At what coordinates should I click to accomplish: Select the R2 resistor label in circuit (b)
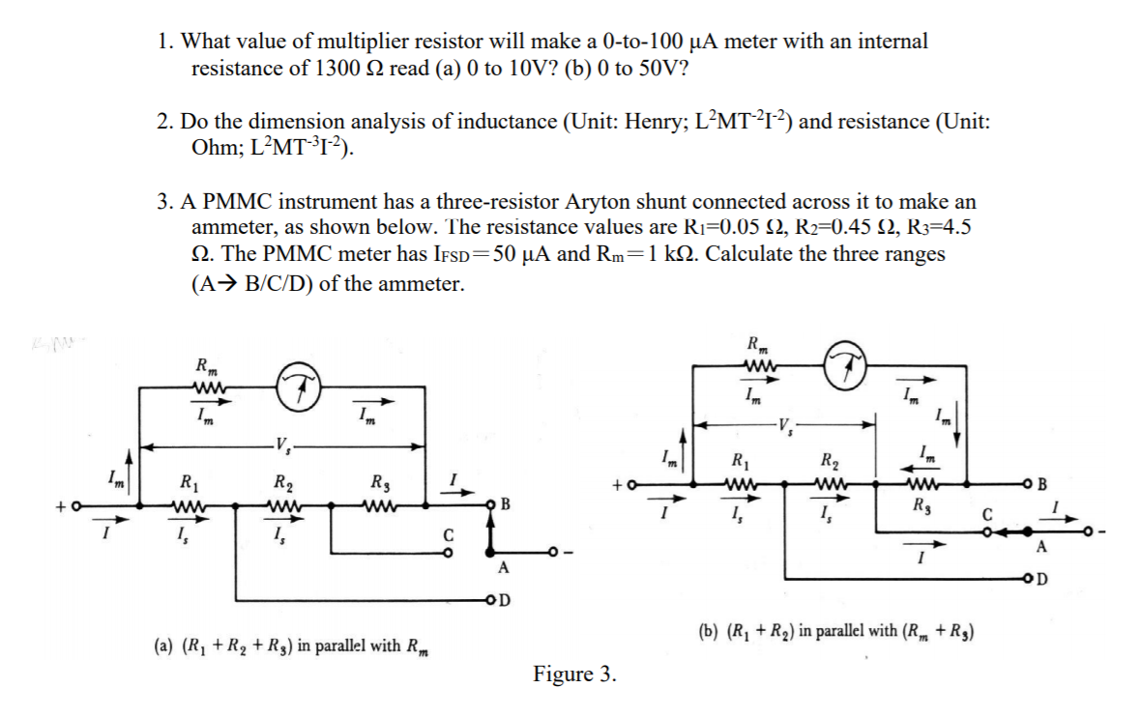(x=830, y=460)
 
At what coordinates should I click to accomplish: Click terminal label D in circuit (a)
(x=504, y=598)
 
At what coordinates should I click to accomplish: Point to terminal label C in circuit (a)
(x=449, y=534)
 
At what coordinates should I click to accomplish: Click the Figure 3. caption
(x=574, y=674)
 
